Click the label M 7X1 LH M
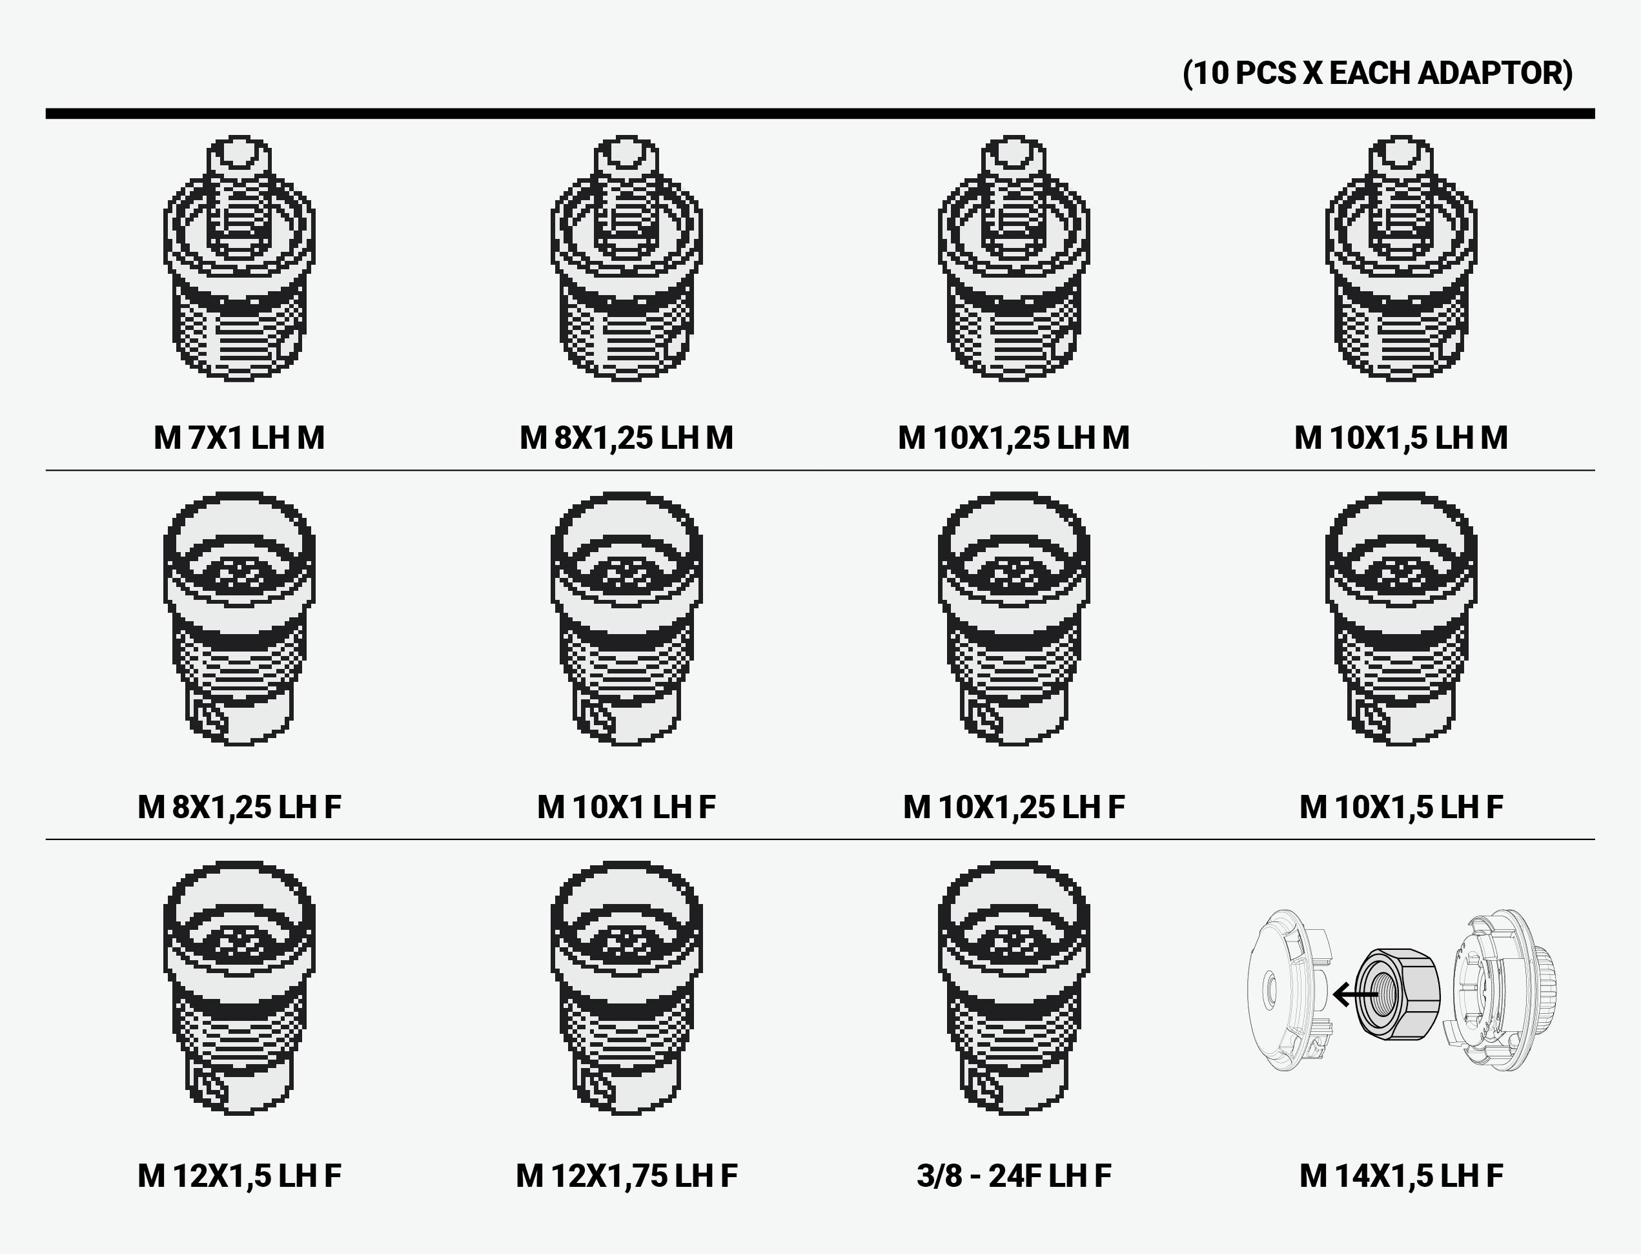pos(239,437)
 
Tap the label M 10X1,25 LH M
pos(1014,437)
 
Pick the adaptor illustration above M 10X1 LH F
pos(626,619)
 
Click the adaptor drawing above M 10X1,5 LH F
pos(1401,619)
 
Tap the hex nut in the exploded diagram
pos(1397,994)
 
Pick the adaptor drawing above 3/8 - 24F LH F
pos(1014,989)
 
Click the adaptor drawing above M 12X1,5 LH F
pos(239,989)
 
